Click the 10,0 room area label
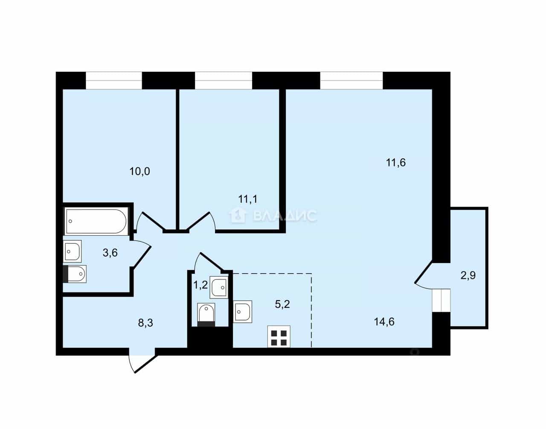140,172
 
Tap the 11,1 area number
248,199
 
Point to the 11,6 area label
396,163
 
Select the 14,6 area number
384,322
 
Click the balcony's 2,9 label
468,275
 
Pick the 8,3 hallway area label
145,323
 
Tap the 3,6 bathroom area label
110,253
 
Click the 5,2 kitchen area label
282,304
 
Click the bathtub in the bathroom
96,221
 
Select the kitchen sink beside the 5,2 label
242,312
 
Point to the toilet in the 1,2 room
206,315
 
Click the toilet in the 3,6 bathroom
75,274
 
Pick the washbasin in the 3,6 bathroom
73,251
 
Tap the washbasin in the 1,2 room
219,288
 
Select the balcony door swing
424,276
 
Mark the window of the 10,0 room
114,80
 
